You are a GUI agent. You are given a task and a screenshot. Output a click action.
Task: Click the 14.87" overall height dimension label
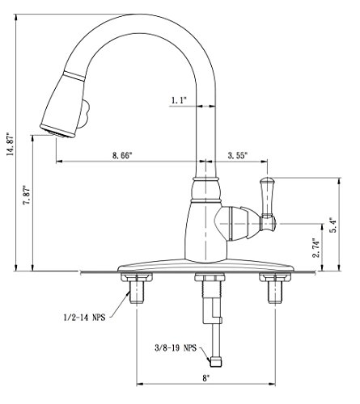point(10,144)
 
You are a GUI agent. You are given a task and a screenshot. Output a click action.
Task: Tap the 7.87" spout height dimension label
point(28,196)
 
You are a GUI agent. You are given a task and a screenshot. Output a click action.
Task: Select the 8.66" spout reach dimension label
point(122,155)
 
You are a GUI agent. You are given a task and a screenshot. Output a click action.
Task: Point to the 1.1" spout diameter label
point(179,100)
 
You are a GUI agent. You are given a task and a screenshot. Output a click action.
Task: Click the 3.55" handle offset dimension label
point(238,155)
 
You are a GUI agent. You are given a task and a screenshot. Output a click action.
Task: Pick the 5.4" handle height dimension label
point(333,225)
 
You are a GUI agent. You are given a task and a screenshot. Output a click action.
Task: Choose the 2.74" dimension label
point(316,247)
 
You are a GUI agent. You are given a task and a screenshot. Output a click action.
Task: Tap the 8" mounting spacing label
point(205,378)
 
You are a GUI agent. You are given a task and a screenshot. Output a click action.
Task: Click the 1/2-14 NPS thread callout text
point(84,318)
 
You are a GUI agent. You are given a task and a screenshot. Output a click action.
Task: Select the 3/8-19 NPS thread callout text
point(176,347)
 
